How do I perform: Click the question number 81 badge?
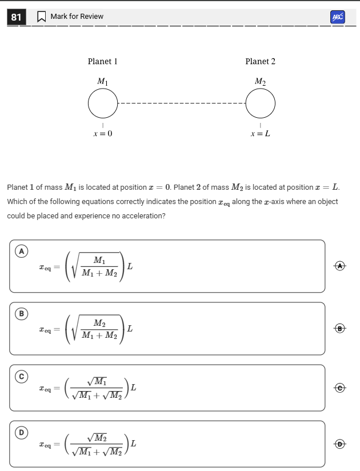click(x=16, y=17)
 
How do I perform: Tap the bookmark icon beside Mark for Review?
click(x=41, y=17)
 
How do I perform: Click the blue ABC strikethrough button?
click(x=338, y=17)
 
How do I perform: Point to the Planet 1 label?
click(x=102, y=61)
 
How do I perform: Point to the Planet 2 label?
click(x=260, y=61)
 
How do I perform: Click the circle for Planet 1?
click(x=103, y=104)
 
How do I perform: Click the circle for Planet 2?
click(x=261, y=104)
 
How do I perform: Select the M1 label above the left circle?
click(x=102, y=82)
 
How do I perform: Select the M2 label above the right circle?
click(x=260, y=82)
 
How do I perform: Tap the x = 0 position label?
click(x=103, y=134)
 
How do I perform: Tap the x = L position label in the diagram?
click(x=260, y=134)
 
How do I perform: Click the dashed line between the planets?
click(x=182, y=104)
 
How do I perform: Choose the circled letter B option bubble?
click(x=22, y=313)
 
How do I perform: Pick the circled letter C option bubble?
click(x=22, y=376)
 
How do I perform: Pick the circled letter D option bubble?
click(x=22, y=432)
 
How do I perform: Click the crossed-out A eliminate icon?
click(x=341, y=266)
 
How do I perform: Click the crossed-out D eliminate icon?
click(x=341, y=444)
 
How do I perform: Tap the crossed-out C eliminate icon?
click(x=341, y=388)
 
